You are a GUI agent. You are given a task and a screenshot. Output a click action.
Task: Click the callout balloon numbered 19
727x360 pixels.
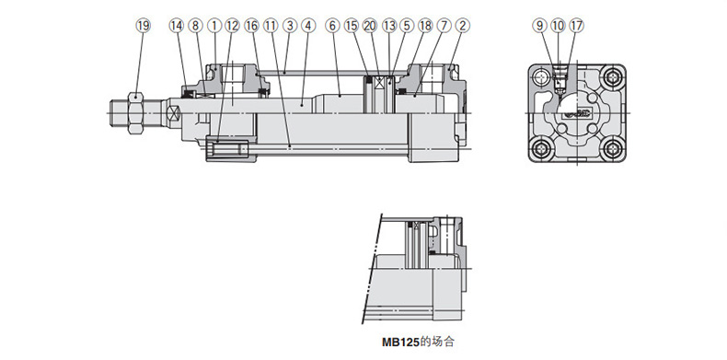[144, 26]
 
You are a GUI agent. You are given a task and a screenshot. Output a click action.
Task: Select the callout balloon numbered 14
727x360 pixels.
[176, 26]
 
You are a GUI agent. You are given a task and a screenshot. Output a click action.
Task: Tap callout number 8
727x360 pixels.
[195, 26]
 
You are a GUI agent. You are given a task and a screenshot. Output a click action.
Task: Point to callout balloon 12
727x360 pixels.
[232, 26]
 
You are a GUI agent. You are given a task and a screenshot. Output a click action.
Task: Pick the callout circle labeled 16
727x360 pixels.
[251, 26]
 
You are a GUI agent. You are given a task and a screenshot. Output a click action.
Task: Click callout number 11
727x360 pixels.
[271, 26]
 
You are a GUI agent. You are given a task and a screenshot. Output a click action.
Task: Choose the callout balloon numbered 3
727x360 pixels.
[290, 26]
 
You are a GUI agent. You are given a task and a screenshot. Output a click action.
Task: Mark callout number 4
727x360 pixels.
[308, 26]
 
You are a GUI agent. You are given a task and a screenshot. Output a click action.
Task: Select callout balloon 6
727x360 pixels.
[332, 26]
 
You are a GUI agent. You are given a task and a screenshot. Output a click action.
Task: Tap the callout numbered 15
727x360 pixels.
[352, 26]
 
